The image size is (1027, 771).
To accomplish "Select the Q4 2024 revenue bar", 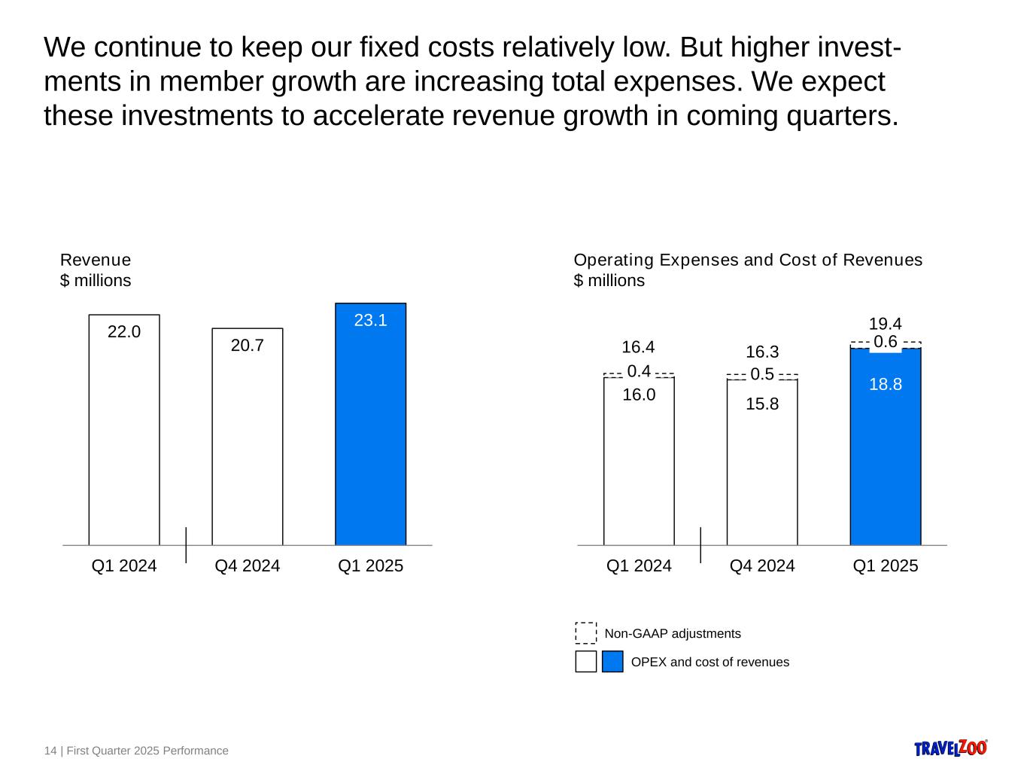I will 247,444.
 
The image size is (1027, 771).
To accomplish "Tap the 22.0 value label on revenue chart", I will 124,331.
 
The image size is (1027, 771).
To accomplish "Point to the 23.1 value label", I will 370,320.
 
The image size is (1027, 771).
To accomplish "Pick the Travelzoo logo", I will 950,748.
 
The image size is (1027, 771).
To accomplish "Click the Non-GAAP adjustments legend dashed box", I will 585,633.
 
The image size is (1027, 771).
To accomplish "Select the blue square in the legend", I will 612,662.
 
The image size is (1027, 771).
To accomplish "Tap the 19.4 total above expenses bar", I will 885,324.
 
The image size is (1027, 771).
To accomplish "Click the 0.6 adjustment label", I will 885,342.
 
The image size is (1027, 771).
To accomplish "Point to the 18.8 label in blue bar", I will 885,385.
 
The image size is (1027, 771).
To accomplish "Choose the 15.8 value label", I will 761,404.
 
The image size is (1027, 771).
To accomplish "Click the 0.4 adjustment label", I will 638,371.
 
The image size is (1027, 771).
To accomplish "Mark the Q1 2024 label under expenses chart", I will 638,566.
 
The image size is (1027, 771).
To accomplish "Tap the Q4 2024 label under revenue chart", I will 247,566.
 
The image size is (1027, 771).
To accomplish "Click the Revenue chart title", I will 96,260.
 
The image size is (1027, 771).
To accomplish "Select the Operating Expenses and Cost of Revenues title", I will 747,260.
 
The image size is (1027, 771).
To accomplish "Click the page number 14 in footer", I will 50,751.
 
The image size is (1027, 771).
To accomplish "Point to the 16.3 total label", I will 761,352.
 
